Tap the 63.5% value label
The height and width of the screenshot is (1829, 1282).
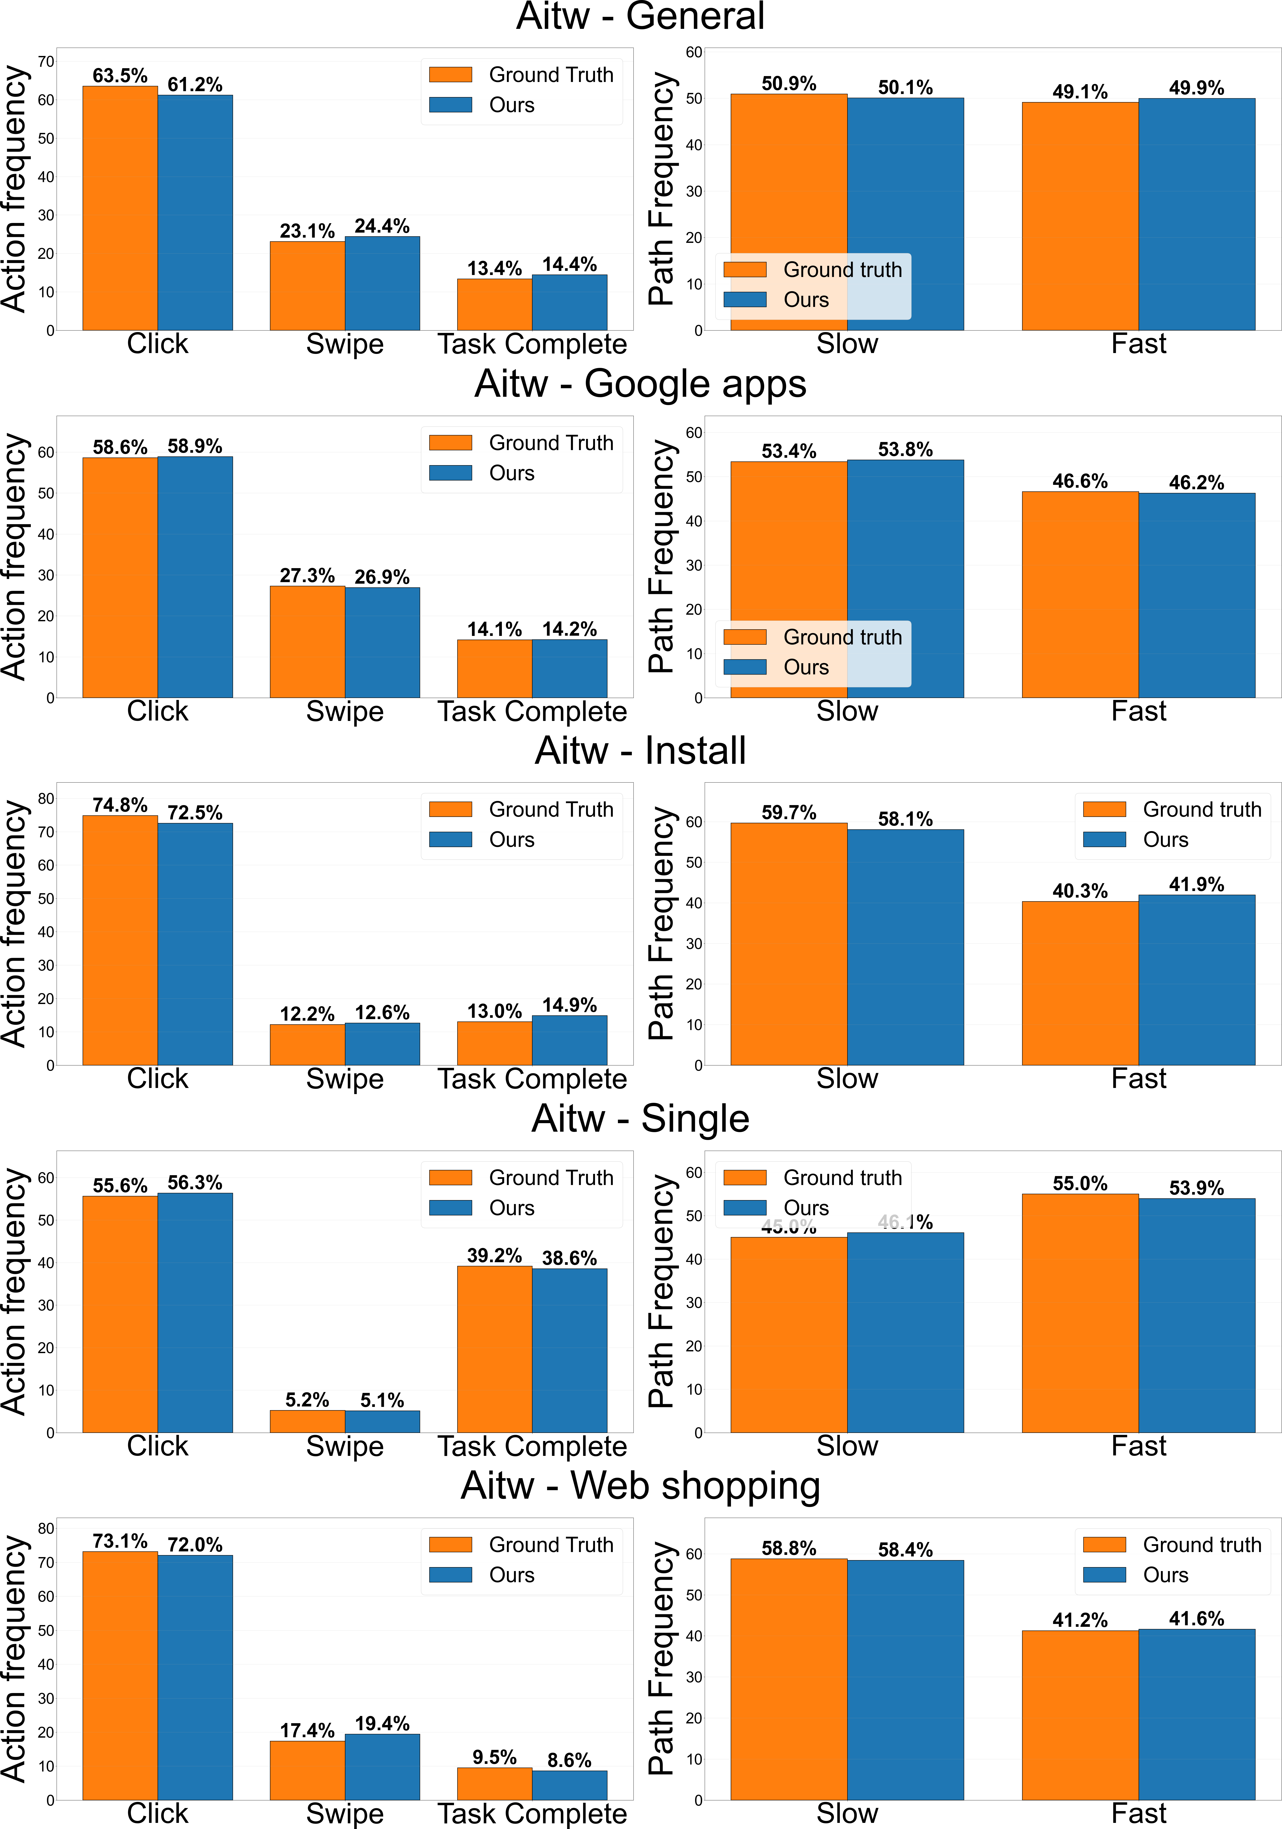pos(120,76)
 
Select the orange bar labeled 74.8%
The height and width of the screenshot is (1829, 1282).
pos(120,940)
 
